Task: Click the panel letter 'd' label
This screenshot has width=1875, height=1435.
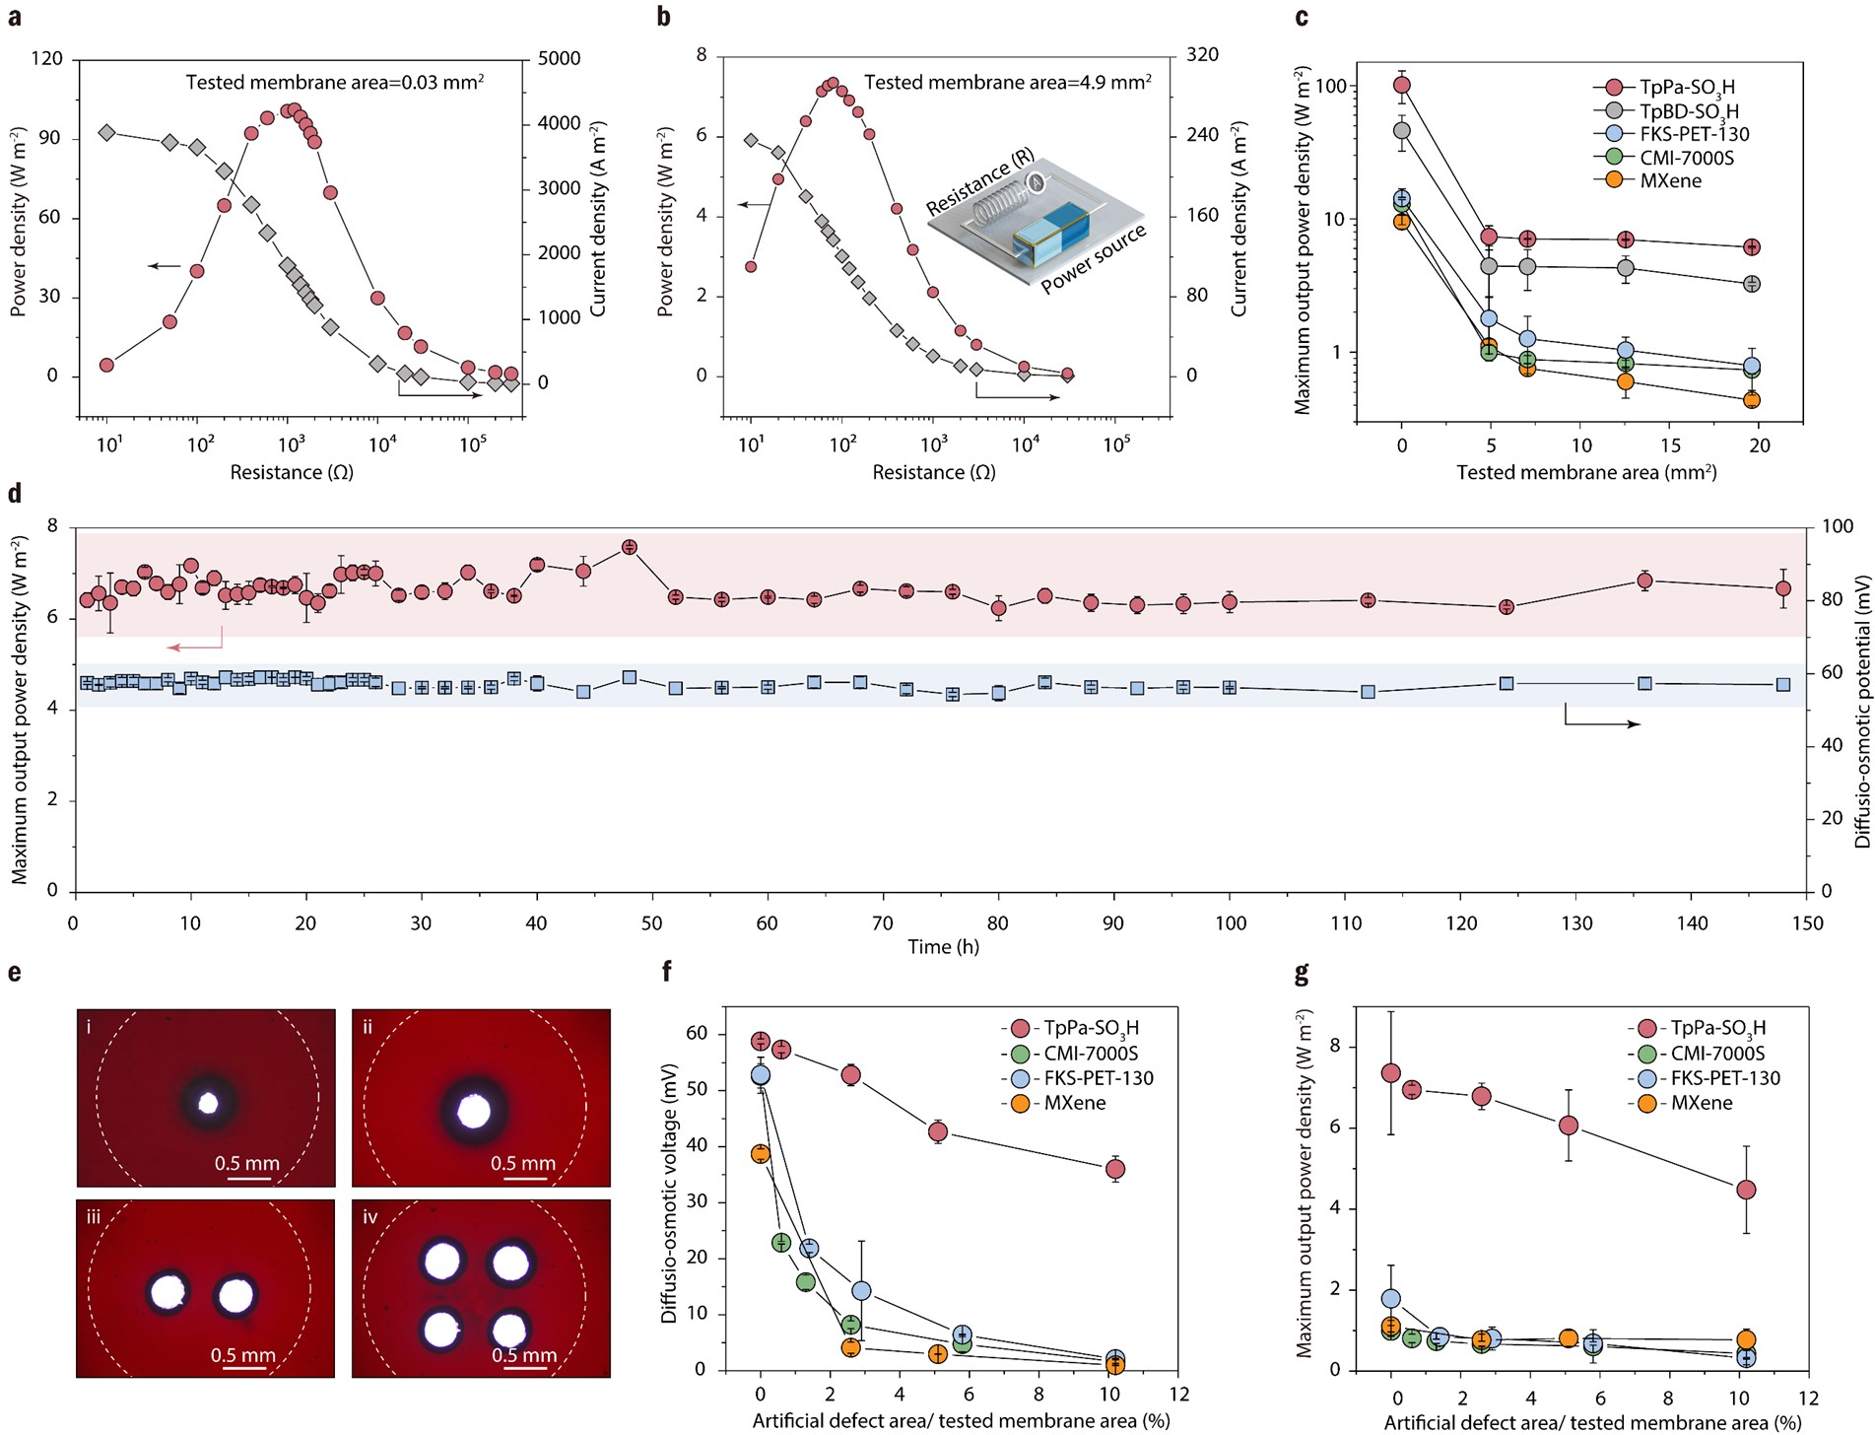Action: pyautogui.click(x=15, y=494)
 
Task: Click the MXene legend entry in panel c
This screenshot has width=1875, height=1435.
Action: pyautogui.click(x=1670, y=181)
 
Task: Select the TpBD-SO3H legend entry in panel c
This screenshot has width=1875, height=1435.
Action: pyautogui.click(x=1688, y=111)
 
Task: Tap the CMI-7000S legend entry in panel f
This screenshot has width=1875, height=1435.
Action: pyautogui.click(x=1091, y=1054)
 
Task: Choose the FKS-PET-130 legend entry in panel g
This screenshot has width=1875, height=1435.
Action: pyautogui.click(x=1724, y=1078)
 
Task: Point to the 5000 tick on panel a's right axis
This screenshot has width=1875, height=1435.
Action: pyautogui.click(x=559, y=59)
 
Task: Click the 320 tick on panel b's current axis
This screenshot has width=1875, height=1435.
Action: pyautogui.click(x=1202, y=55)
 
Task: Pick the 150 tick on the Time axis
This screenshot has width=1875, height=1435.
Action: pyautogui.click(x=1807, y=923)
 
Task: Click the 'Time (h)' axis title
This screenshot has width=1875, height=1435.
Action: pyautogui.click(x=943, y=947)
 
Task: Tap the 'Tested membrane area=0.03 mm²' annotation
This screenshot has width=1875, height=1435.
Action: pyautogui.click(x=335, y=83)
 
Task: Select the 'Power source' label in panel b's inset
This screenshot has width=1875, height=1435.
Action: pyautogui.click(x=1094, y=259)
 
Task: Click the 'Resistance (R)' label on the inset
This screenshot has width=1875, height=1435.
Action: pyautogui.click(x=979, y=183)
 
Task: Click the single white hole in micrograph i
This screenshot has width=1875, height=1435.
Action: pyautogui.click(x=208, y=1103)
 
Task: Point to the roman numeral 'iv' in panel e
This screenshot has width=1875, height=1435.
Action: pyautogui.click(x=369, y=1217)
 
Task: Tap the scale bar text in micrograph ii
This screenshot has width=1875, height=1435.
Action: pyautogui.click(x=522, y=1163)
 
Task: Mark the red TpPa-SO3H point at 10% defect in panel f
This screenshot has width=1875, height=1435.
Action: pyautogui.click(x=1114, y=1169)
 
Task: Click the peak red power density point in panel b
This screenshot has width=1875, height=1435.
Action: pyautogui.click(x=833, y=84)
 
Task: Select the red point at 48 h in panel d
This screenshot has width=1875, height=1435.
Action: pyautogui.click(x=629, y=547)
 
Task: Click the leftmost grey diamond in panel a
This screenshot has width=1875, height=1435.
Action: pyautogui.click(x=107, y=133)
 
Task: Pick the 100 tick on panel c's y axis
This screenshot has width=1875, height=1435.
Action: pyautogui.click(x=1330, y=87)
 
